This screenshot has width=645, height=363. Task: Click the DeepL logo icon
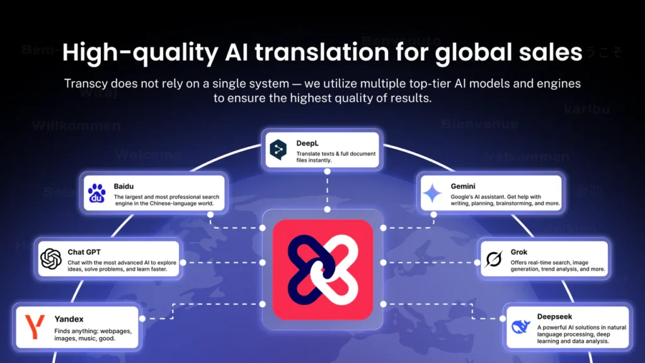(x=278, y=149)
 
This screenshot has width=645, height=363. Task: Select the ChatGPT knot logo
(x=50, y=258)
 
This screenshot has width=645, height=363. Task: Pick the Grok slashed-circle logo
(x=493, y=258)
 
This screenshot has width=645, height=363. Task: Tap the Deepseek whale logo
(x=520, y=326)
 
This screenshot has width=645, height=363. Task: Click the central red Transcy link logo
(x=322, y=269)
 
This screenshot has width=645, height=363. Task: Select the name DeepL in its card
(x=309, y=143)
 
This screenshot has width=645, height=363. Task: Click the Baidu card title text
(x=124, y=187)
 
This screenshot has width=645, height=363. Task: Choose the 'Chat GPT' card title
(x=84, y=252)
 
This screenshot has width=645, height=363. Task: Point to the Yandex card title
(x=69, y=319)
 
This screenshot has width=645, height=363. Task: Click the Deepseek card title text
(x=555, y=317)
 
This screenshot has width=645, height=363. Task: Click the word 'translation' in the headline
(x=303, y=54)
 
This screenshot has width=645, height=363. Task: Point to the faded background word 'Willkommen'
(x=76, y=125)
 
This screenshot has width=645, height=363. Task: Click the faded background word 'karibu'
(x=587, y=109)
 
